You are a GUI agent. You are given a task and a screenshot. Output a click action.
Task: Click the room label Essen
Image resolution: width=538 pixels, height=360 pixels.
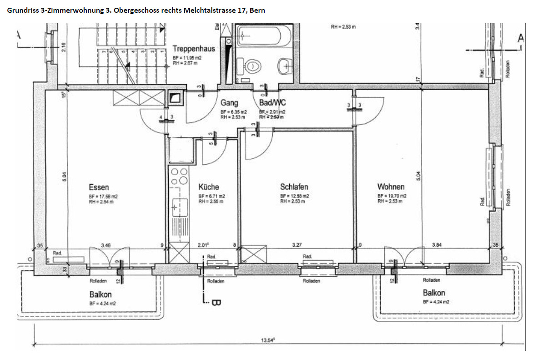[99, 187]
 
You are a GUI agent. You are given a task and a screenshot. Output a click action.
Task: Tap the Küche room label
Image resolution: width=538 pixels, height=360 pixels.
[209, 187]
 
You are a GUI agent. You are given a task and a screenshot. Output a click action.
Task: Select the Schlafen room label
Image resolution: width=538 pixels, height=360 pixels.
[294, 187]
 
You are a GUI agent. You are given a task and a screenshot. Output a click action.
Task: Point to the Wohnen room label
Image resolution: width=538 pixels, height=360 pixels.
[391, 187]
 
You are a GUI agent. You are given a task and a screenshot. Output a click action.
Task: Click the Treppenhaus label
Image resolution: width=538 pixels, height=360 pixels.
[194, 49]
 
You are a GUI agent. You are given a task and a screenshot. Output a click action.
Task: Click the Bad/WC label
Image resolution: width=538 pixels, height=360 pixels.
[272, 103]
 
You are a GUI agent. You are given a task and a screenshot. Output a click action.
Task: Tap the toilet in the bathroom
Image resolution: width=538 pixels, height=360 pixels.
[253, 66]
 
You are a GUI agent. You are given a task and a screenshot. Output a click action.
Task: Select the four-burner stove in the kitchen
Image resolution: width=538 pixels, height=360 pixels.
[178, 177]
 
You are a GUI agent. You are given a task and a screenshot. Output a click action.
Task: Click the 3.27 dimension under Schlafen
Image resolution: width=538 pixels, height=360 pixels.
[297, 245]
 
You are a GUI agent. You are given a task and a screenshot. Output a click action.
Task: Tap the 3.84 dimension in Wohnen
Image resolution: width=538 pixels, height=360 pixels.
[437, 245]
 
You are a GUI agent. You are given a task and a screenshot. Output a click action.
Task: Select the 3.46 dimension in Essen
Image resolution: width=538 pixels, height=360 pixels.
[106, 245]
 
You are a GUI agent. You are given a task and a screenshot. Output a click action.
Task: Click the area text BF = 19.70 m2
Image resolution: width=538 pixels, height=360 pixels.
[392, 196]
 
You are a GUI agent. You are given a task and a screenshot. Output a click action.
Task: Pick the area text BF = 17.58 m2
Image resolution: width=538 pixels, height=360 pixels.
[104, 196]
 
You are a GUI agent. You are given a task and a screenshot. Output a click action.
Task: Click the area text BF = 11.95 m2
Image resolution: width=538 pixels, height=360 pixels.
[187, 58]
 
